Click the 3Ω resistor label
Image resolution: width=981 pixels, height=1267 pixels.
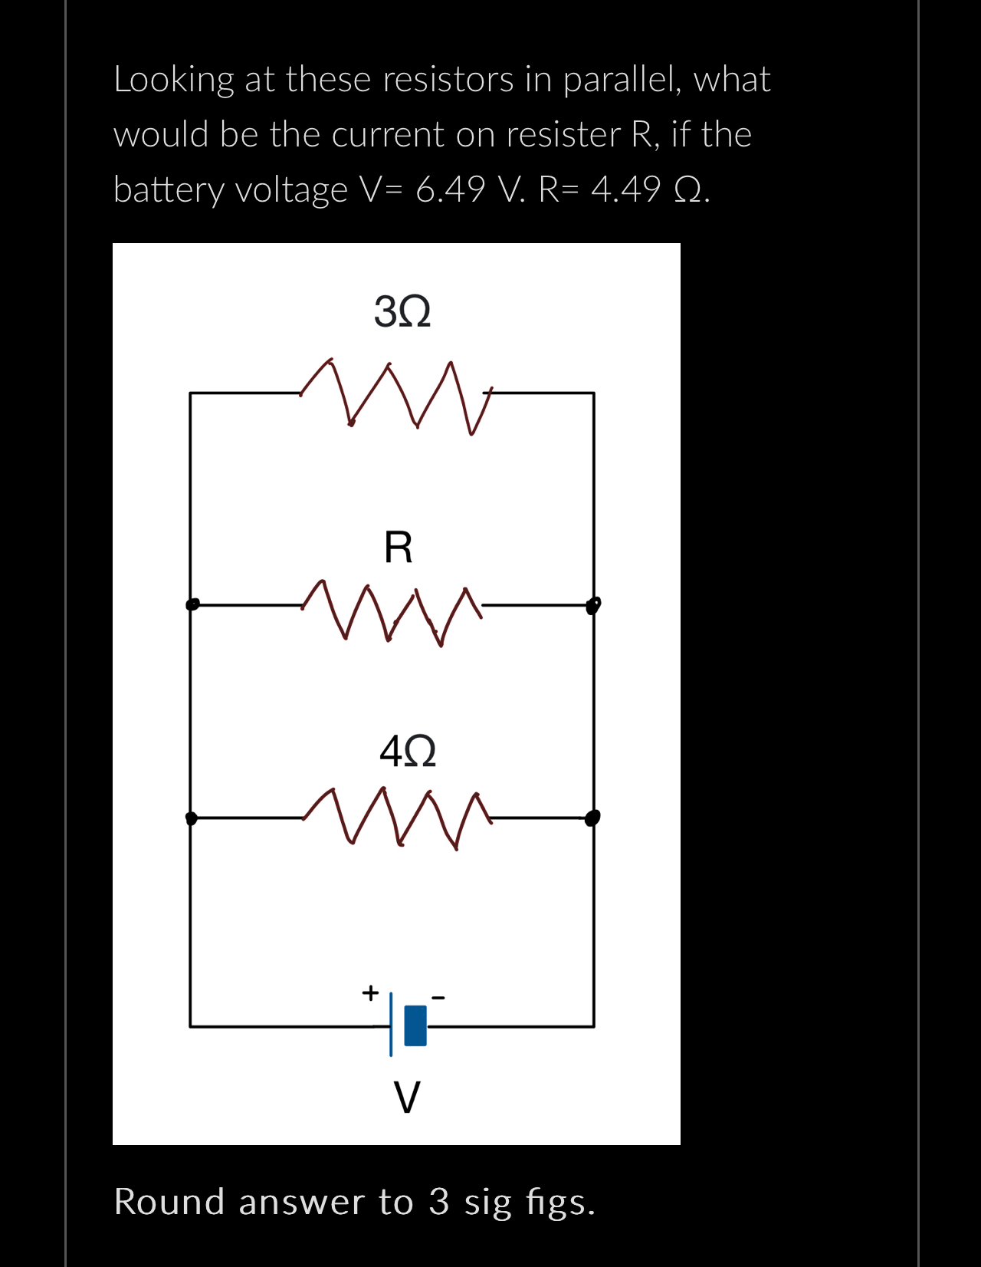click(x=402, y=312)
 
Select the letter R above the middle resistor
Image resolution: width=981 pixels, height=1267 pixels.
click(x=399, y=548)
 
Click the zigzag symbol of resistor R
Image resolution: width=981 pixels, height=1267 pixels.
click(x=392, y=613)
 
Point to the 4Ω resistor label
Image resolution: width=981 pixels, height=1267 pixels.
click(x=408, y=751)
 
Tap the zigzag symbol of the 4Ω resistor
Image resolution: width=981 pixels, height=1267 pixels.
click(x=396, y=818)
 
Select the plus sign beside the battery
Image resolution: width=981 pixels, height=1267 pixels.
click(x=370, y=992)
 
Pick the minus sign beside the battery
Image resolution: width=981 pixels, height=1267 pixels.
click(x=438, y=998)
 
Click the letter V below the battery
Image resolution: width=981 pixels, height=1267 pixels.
click(x=407, y=1098)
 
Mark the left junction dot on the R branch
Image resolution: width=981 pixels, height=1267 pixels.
click(x=192, y=604)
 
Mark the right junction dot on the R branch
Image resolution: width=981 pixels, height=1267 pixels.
click(x=593, y=606)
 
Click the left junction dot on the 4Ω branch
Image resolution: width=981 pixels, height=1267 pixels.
click(x=192, y=818)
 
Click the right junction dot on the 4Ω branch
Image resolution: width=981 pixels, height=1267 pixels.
click(x=592, y=818)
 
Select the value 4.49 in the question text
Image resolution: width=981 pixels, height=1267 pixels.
click(x=626, y=189)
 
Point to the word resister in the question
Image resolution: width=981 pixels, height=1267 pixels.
click(x=563, y=135)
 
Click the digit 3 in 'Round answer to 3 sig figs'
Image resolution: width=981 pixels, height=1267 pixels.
click(x=438, y=1202)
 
